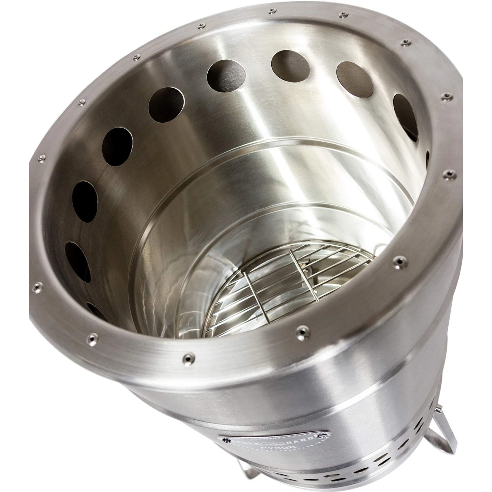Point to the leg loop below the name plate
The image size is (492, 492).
(259, 484)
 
